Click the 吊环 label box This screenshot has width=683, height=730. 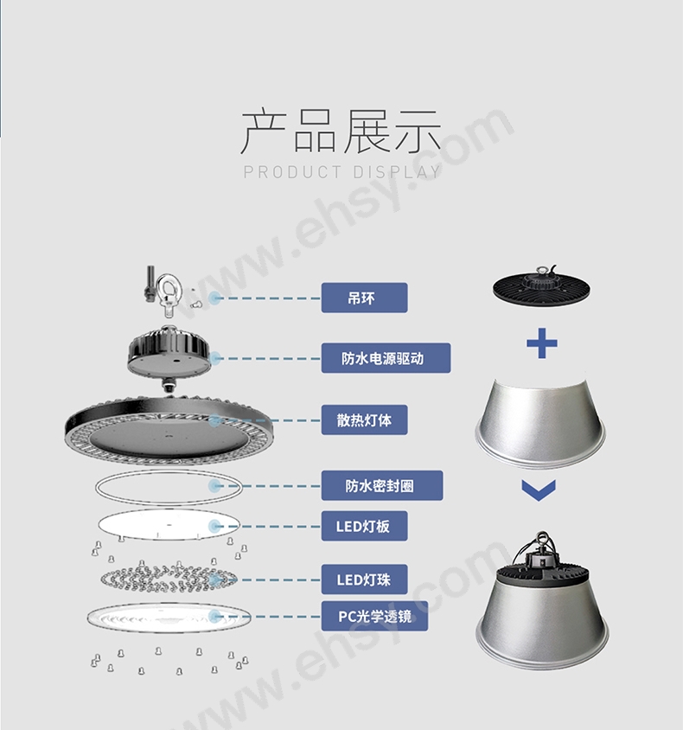(364, 298)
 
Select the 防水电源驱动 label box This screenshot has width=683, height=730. (386, 358)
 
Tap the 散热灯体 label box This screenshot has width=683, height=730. (364, 420)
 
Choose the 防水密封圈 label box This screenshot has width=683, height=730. (382, 485)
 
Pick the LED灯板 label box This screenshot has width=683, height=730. (364, 526)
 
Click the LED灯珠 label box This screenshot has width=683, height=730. (364, 580)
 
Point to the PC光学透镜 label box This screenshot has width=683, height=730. (374, 617)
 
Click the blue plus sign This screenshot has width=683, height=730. (542, 343)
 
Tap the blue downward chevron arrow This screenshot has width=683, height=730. (539, 490)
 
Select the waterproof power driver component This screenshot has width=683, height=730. (169, 357)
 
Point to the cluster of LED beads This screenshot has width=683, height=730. (169, 579)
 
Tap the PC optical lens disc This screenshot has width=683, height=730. (169, 618)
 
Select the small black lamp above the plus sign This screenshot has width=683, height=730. (541, 284)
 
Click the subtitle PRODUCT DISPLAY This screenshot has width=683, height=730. (342, 172)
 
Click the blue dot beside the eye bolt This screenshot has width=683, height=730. (214, 298)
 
